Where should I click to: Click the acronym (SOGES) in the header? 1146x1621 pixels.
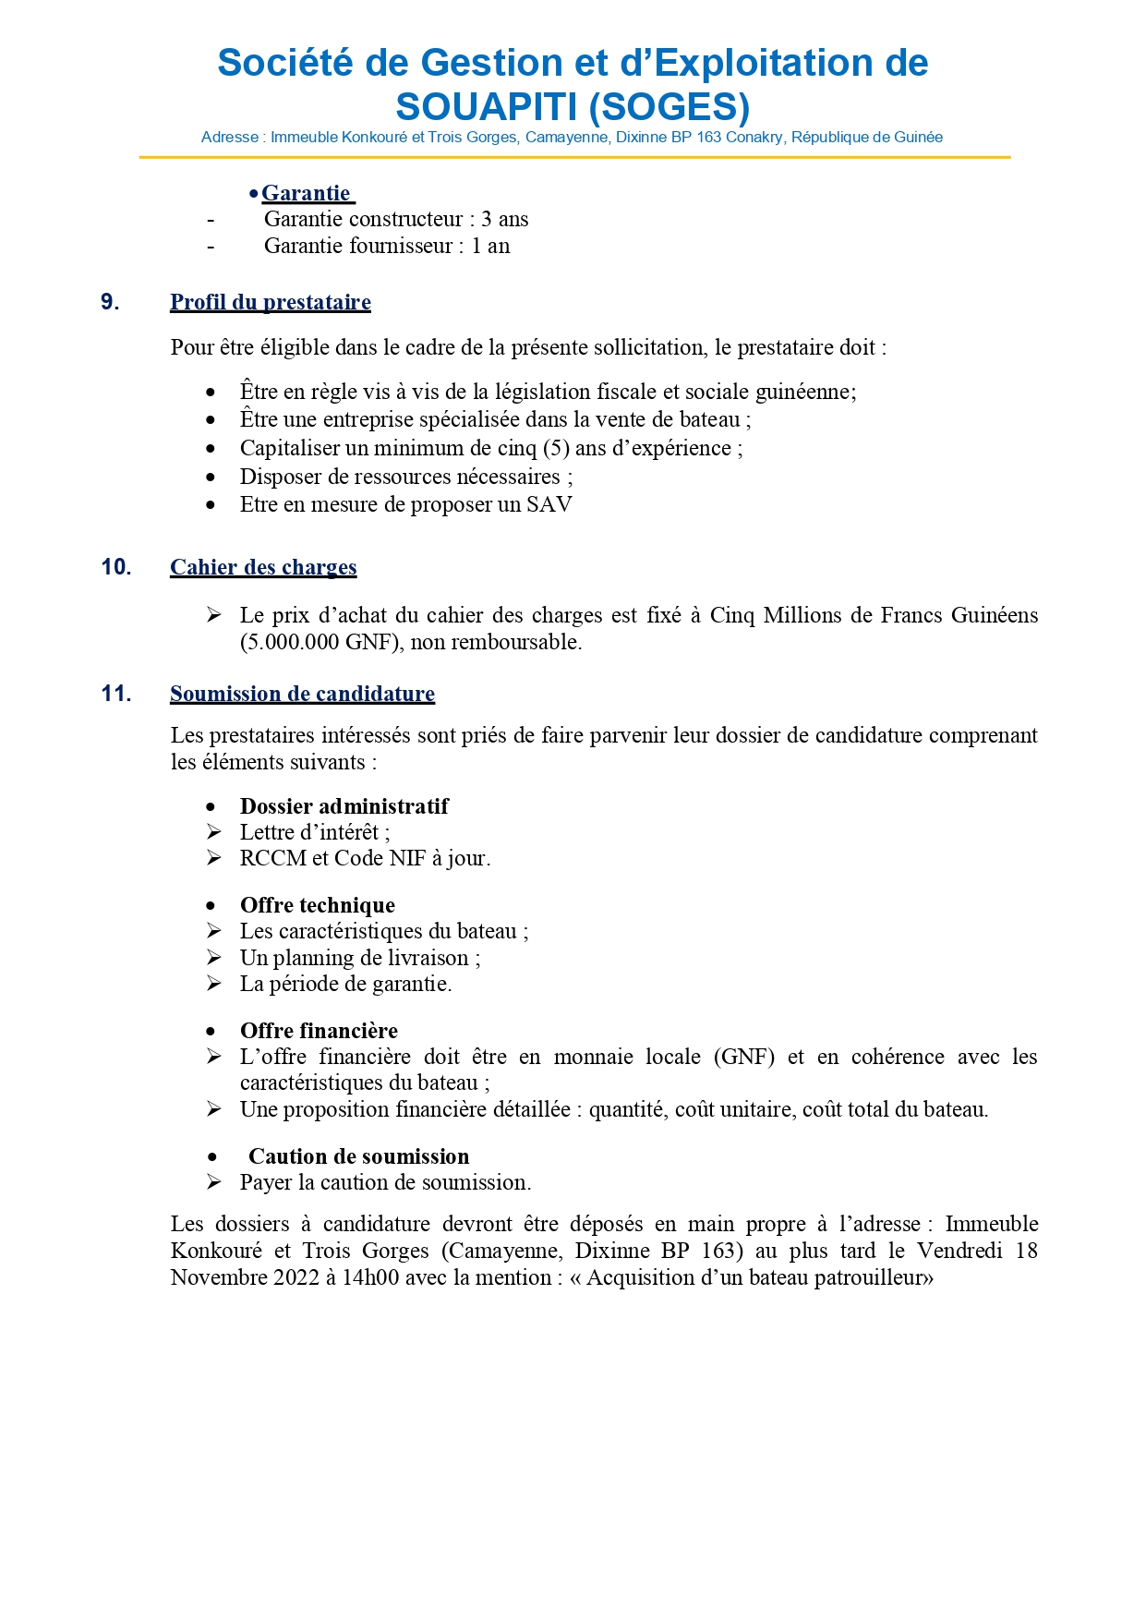tap(669, 107)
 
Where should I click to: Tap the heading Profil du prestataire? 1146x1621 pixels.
tap(271, 302)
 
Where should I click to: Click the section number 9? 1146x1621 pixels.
tap(110, 302)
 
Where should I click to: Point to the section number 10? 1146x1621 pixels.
tap(116, 567)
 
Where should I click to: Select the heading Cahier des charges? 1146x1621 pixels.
tap(263, 567)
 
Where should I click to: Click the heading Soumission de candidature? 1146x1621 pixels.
tap(302, 694)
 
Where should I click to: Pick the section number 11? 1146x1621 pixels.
tap(116, 694)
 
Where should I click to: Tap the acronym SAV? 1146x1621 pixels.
tap(549, 504)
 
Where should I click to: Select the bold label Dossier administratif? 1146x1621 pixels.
tap(344, 806)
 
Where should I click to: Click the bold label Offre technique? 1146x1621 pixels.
tap(318, 905)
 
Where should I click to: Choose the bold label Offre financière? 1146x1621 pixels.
tap(319, 1031)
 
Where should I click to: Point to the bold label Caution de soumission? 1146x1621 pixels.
tap(358, 1156)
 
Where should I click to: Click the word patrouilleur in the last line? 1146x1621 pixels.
tap(874, 1277)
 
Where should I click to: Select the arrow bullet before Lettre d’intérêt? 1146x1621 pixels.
tap(214, 832)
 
